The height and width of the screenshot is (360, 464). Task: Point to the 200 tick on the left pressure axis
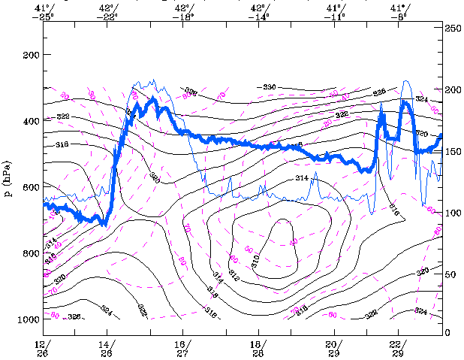31,55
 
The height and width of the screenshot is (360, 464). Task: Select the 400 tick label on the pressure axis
31,121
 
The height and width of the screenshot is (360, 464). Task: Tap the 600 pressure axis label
31,187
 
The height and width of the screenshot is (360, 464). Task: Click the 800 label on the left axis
31,253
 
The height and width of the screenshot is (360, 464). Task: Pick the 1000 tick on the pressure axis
29,319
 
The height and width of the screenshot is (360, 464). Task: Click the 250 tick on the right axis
453,27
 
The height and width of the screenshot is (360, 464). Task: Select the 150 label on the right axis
453,151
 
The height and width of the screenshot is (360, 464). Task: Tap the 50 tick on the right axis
450,276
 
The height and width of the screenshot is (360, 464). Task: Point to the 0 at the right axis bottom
448,332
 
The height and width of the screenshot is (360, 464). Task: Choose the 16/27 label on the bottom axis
182,348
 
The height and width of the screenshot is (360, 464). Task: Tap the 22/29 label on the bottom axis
398,348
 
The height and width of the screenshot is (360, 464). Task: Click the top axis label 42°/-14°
260,11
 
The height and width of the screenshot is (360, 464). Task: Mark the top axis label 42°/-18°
182,11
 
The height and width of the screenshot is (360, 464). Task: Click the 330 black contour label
270,88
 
